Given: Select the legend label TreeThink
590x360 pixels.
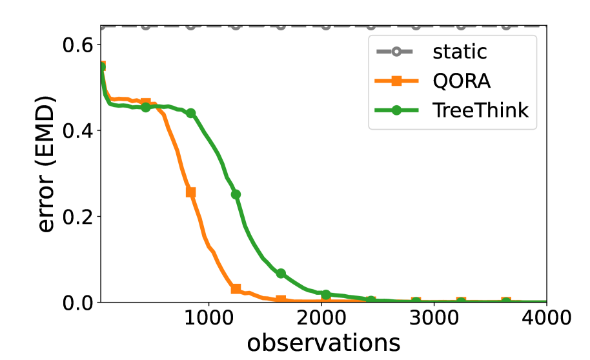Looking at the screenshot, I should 480,110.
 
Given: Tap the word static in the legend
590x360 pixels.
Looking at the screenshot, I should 459,51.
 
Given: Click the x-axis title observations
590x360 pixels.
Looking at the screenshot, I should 323,343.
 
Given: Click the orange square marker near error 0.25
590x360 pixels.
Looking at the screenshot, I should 190,192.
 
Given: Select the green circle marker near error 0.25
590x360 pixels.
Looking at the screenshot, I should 236,194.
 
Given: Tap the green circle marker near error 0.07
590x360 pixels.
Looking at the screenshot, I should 281,274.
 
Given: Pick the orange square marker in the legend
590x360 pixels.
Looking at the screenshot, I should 397,81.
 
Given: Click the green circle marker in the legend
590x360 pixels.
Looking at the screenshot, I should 397,110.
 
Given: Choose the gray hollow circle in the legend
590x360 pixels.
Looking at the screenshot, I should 397,51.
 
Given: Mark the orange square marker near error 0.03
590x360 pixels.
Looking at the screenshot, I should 236,288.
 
